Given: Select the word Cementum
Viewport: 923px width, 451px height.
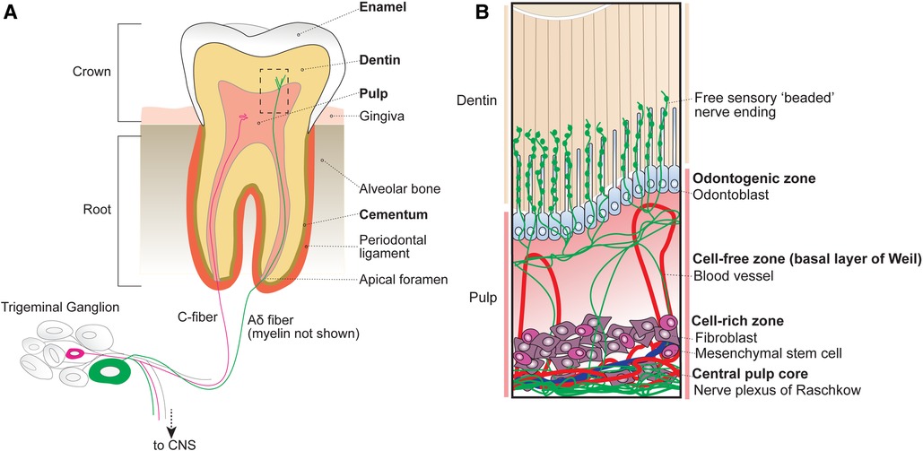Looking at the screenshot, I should coord(360,215).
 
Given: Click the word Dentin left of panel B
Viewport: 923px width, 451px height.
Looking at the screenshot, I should coord(475,101).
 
